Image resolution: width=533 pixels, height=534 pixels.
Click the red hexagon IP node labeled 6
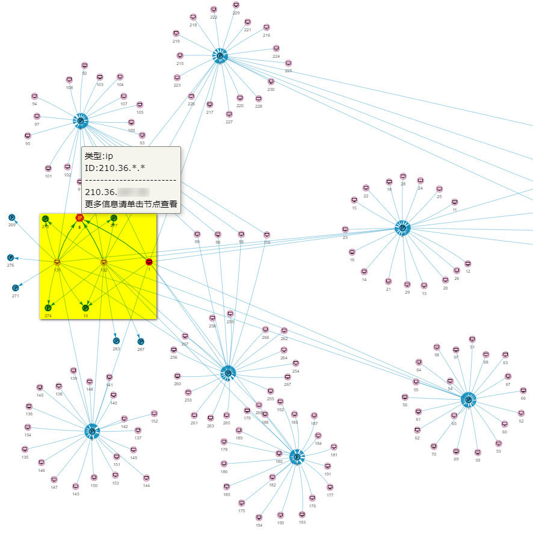pyautogui.click(x=79, y=218)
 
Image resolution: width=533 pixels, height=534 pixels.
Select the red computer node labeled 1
pyautogui.click(x=149, y=262)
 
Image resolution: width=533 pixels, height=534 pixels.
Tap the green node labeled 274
pyautogui.click(x=48, y=308)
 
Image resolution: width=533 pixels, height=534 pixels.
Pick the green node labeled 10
pyautogui.click(x=85, y=308)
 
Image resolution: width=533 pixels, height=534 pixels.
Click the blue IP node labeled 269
pyautogui.click(x=11, y=217)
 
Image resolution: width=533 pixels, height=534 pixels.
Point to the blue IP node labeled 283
pyautogui.click(x=116, y=341)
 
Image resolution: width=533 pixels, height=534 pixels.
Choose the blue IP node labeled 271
pyautogui.click(x=16, y=288)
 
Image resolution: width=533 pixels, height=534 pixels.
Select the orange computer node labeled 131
pyautogui.click(x=57, y=262)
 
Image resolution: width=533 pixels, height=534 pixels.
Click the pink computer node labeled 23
pyautogui.click(x=345, y=229)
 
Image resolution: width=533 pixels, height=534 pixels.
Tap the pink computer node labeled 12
pyautogui.click(x=467, y=264)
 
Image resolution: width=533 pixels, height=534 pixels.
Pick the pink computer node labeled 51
pyautogui.click(x=472, y=340)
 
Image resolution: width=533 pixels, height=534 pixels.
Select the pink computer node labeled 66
pyautogui.click(x=523, y=391)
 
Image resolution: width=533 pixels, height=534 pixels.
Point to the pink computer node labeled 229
pyautogui.click(x=236, y=5)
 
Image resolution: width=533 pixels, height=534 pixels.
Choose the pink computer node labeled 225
pyautogui.click(x=288, y=63)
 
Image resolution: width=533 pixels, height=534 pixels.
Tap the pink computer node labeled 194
pyautogui.click(x=259, y=517)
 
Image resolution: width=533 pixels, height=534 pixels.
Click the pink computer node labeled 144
pyautogui.click(x=146, y=477)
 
